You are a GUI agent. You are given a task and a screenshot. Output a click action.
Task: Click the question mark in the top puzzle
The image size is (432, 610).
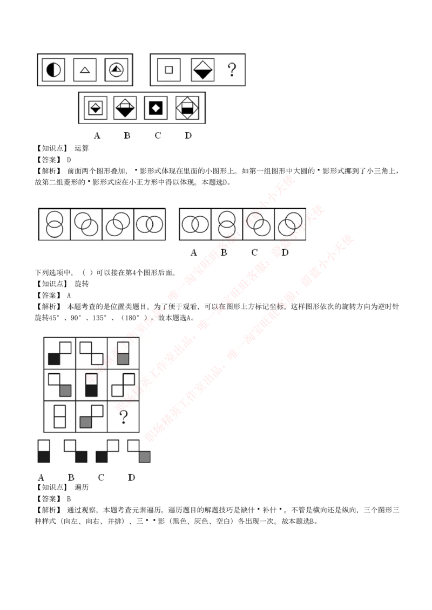point(232,69)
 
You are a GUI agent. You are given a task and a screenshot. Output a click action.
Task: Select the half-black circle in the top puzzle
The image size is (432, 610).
point(53,70)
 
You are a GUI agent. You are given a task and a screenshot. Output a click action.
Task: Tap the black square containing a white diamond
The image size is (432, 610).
point(156,108)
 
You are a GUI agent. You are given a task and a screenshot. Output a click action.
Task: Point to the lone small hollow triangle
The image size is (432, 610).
point(85,70)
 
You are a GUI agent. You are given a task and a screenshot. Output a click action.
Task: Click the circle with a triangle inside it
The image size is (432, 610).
point(117,70)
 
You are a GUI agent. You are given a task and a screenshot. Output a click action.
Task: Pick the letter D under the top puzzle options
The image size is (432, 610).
point(188,135)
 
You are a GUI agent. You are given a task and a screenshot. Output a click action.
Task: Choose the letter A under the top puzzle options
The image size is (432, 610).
point(97,135)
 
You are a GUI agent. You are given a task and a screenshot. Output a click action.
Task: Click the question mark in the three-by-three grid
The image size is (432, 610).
point(123,416)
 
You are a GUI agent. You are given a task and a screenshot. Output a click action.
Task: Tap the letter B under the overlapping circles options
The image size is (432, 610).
point(224,252)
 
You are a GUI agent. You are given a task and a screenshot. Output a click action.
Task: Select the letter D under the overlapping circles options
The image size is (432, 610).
point(285,252)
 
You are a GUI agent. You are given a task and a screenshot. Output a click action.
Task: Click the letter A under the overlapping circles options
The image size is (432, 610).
point(193,252)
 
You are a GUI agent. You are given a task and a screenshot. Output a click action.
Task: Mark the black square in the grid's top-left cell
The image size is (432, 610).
point(53,359)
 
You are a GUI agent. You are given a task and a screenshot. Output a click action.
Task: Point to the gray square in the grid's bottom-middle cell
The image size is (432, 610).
point(85,422)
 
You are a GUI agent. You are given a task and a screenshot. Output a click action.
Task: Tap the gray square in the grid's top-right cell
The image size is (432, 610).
point(123,359)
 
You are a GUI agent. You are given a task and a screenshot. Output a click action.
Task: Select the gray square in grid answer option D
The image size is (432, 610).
point(144,457)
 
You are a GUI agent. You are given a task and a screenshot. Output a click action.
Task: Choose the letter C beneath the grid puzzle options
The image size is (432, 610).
point(101,477)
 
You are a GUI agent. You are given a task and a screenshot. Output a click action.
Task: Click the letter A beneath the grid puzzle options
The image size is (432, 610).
point(41,477)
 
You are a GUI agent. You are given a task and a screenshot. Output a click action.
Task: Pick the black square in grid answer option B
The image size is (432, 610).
point(81,457)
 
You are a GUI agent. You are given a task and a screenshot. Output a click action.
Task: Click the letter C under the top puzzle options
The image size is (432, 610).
point(158,135)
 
